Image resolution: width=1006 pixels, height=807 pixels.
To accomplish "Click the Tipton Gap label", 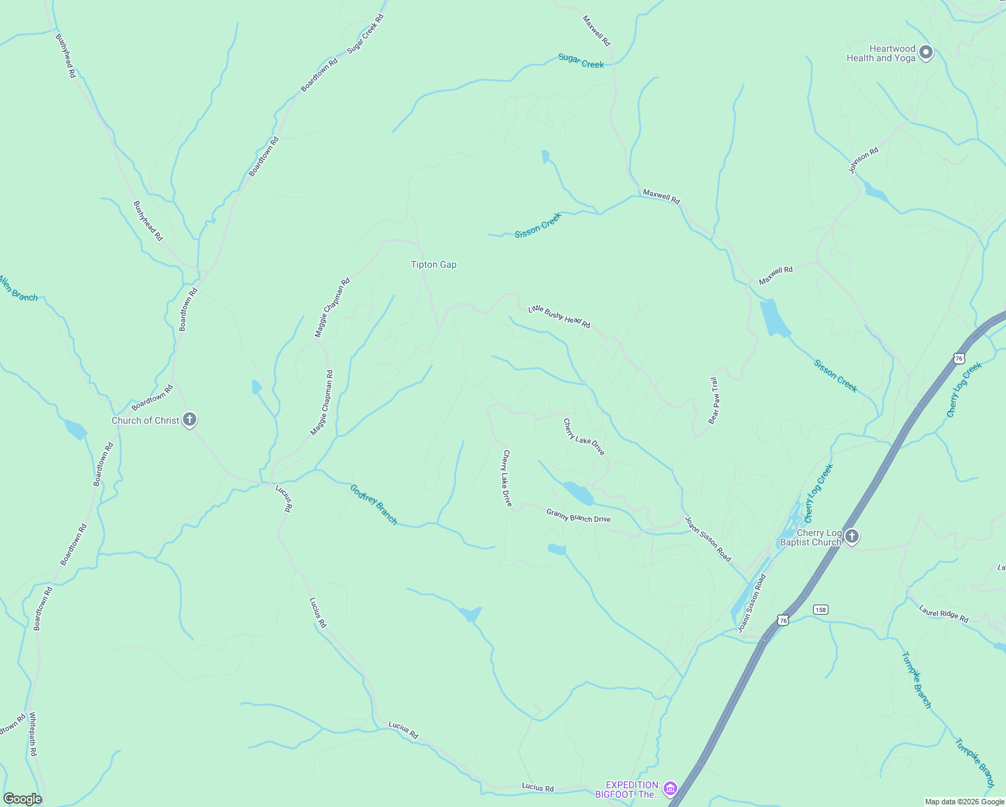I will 434,265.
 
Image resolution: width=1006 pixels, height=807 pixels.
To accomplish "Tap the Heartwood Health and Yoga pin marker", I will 926,52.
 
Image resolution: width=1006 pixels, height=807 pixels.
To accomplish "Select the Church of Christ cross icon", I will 190,420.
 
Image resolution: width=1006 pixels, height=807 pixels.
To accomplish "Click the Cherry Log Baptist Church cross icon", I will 851,537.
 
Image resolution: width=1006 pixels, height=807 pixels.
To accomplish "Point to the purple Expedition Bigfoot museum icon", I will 670,788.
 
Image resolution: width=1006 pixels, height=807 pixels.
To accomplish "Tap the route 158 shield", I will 820,609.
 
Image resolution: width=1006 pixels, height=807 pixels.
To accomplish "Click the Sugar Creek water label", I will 581,61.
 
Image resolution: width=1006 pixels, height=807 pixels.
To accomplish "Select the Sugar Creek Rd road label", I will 365,34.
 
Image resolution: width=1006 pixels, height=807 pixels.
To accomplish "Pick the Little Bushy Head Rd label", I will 559,316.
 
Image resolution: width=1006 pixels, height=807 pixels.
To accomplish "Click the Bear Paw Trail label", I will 714,401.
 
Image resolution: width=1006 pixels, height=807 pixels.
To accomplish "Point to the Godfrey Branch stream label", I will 374,504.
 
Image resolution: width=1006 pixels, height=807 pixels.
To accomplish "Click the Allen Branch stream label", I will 18,289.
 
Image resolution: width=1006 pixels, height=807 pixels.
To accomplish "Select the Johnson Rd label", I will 863,161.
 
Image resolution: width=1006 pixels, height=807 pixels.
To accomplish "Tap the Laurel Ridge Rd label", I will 943,614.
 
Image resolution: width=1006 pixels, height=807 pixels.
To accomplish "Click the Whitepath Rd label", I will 32,734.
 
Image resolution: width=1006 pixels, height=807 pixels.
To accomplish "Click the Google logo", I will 23,798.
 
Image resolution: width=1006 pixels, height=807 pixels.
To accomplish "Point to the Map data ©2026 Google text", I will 964,802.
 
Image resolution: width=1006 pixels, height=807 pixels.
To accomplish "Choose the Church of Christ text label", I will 145,420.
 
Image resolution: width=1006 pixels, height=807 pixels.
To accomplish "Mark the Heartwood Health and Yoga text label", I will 881,53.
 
